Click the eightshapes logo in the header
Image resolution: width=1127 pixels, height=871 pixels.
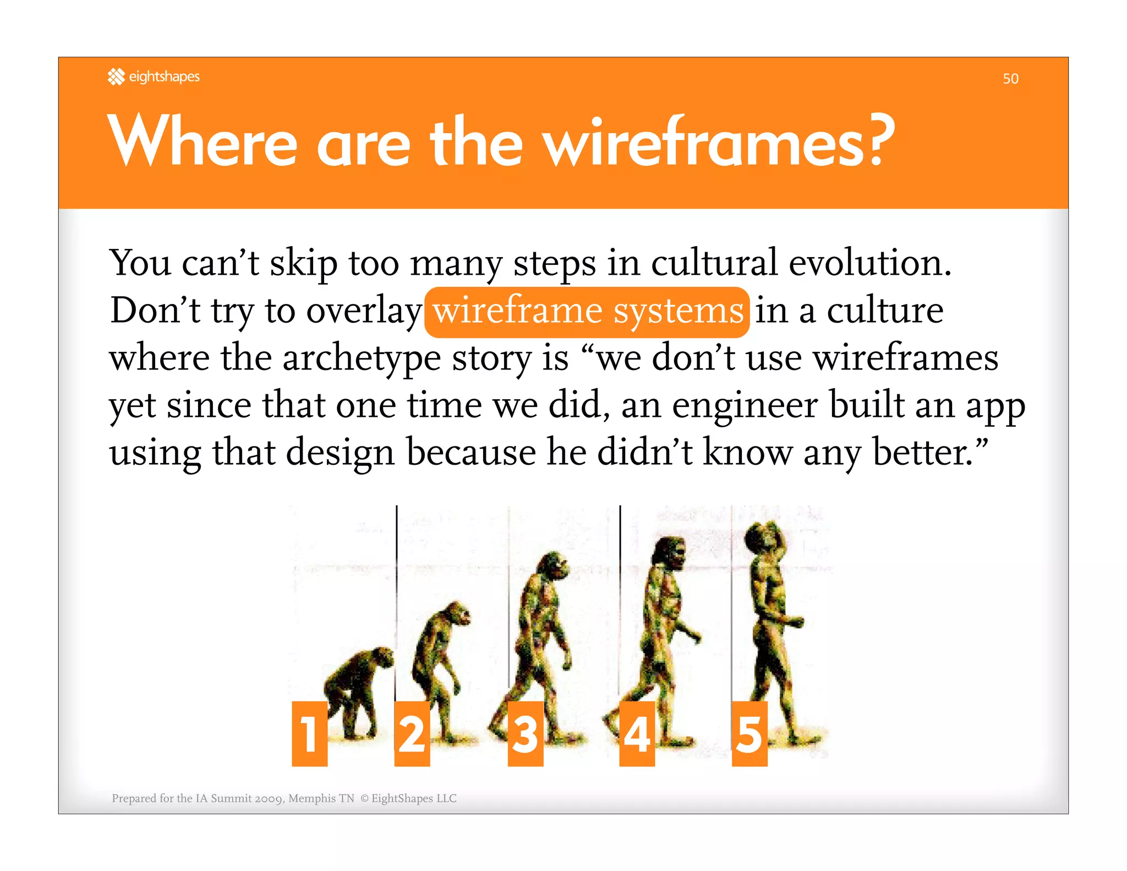coord(154,77)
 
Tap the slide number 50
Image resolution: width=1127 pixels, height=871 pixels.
coord(1010,79)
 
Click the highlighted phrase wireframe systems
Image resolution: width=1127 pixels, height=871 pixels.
coord(587,312)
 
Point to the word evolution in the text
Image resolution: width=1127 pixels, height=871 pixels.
coord(869,263)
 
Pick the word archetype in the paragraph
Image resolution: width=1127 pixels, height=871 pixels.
coord(361,359)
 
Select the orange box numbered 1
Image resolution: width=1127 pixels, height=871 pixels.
coord(309,733)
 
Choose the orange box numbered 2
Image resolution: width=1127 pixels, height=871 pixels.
coord(412,733)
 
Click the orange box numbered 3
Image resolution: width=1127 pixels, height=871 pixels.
coord(525,733)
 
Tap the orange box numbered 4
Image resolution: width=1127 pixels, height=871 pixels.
coord(637,733)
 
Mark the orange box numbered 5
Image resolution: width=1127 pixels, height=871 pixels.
coord(749,733)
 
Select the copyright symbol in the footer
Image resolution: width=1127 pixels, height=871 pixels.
coord(364,798)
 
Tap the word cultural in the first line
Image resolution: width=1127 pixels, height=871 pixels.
coord(714,263)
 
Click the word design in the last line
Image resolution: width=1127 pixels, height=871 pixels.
coord(340,453)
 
